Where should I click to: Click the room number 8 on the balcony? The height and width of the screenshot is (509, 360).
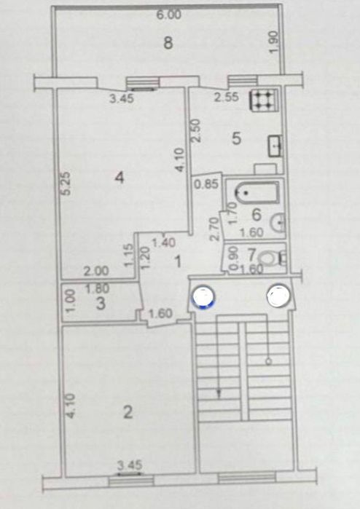pyautogui.click(x=168, y=42)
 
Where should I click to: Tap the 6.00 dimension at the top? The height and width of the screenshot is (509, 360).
pyautogui.click(x=169, y=15)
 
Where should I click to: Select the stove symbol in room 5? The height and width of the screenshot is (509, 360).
pyautogui.click(x=264, y=99)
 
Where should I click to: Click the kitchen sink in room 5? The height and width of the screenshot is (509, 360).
pyautogui.click(x=275, y=146)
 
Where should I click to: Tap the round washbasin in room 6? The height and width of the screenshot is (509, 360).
pyautogui.click(x=278, y=222)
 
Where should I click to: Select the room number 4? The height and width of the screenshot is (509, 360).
pyautogui.click(x=120, y=177)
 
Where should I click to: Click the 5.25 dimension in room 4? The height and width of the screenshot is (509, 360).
pyautogui.click(x=66, y=184)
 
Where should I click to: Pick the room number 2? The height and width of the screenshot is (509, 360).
pyautogui.click(x=128, y=412)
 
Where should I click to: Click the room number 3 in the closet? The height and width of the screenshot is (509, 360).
pyautogui.click(x=101, y=304)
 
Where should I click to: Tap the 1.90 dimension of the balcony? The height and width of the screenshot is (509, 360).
pyautogui.click(x=273, y=42)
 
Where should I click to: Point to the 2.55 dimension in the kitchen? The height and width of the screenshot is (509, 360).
pyautogui.click(x=227, y=97)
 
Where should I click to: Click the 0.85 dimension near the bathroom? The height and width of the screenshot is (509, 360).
pyautogui.click(x=206, y=184)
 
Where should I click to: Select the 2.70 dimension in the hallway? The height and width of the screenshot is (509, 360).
pyautogui.click(x=215, y=229)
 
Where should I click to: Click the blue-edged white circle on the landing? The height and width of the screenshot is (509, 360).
pyautogui.click(x=204, y=296)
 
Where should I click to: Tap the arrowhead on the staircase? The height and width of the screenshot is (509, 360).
pyautogui.click(x=219, y=394)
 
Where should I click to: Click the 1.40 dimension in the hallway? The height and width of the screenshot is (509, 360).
pyautogui.click(x=164, y=242)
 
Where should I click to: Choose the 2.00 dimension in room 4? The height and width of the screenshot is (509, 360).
pyautogui.click(x=96, y=270)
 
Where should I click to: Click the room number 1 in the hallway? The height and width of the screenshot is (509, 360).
pyautogui.click(x=178, y=261)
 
